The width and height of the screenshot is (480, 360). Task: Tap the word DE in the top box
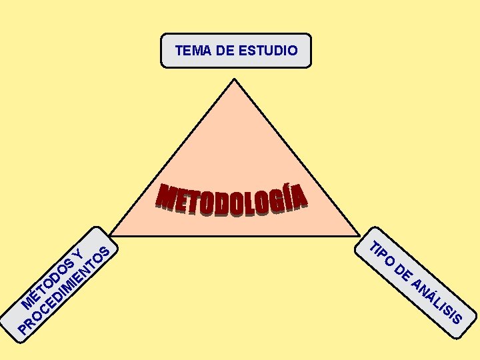point(225,50)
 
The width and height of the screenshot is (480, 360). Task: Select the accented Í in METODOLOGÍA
point(287,198)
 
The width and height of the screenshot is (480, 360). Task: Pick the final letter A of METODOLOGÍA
point(301,196)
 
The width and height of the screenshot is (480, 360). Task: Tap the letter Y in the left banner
point(78,253)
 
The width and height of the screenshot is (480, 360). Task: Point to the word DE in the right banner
point(403,273)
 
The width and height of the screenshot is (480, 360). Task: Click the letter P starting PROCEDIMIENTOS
point(25,327)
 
